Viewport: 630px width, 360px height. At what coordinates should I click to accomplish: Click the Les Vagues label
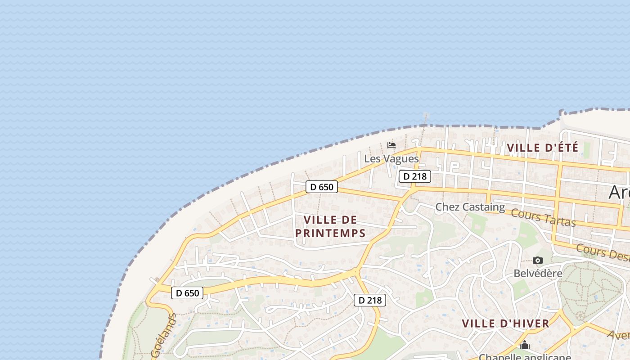coord(391,159)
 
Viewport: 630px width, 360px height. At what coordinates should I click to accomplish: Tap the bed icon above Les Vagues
coord(391,145)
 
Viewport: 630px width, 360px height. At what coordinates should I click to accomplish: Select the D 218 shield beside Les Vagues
coord(414,176)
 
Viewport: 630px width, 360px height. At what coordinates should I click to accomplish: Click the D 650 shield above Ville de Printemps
coord(321,187)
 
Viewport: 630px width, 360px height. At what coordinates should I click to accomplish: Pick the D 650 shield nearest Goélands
coord(187,293)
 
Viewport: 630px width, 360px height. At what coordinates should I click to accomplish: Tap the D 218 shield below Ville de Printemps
coord(370,300)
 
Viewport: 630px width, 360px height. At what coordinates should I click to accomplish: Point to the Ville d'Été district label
coord(543,148)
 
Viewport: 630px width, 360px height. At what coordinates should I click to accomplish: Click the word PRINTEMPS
coord(330,233)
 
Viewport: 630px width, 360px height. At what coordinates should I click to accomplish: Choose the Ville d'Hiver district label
coord(505,323)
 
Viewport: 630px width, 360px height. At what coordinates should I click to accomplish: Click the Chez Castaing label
coord(470,207)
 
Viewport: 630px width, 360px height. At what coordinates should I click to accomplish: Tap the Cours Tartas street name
coord(543,218)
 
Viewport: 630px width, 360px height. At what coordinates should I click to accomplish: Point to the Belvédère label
coord(538,273)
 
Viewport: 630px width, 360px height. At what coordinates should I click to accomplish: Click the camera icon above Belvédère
coord(537,261)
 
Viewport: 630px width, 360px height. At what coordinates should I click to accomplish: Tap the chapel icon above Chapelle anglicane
coord(524,345)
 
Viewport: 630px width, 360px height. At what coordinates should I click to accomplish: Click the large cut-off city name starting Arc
coord(619,192)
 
